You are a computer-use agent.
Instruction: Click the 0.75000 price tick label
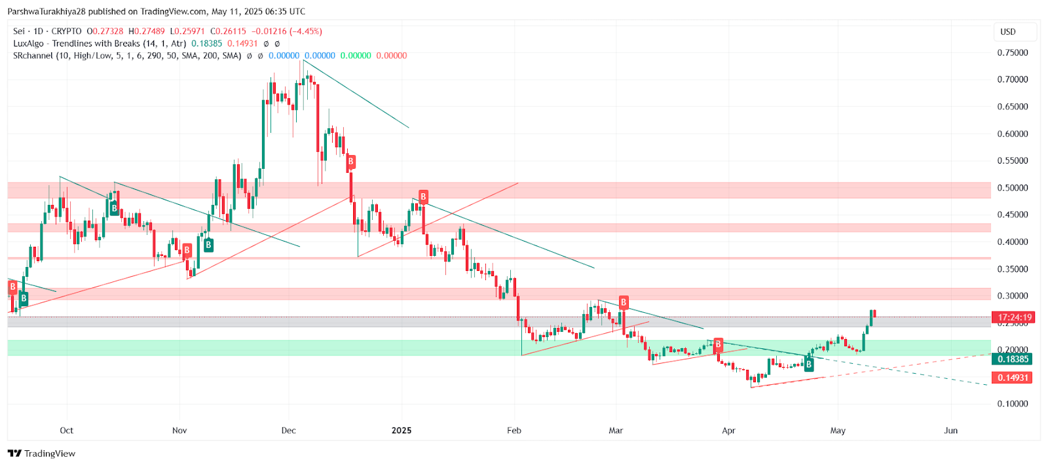point(1012,52)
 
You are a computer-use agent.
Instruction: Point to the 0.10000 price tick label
point(1012,404)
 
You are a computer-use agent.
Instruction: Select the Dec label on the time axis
point(288,430)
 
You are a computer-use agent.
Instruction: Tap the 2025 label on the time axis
point(402,430)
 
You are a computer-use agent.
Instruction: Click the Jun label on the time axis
point(950,430)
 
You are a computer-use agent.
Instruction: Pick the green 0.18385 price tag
point(1013,359)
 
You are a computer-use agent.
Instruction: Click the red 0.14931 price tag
point(1013,378)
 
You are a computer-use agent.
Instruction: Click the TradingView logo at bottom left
point(42,454)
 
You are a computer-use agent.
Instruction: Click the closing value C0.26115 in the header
point(228,31)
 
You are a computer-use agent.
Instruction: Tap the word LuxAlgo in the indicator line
point(28,43)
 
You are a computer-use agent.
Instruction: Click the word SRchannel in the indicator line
point(33,56)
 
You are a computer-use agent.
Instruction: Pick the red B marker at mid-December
point(351,161)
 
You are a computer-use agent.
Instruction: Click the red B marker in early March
point(624,302)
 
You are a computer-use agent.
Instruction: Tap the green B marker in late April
point(809,364)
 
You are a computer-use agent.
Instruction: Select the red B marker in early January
point(423,196)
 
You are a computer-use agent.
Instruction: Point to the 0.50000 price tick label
point(1012,188)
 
